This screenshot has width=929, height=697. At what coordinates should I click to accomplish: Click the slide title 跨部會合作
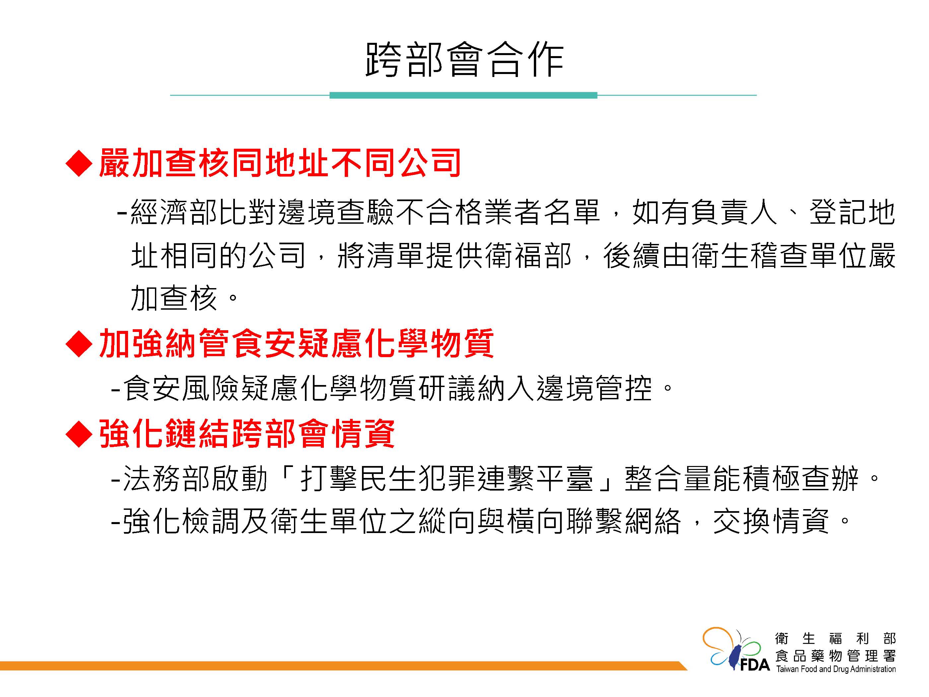point(464,60)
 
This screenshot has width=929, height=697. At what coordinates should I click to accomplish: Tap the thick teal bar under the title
point(463,95)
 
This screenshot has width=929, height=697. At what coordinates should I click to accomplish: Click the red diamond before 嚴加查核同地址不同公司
point(79,163)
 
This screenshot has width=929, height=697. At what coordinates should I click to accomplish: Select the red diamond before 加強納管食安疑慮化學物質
point(79,344)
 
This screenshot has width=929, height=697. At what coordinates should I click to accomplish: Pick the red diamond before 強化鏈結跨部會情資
point(79,433)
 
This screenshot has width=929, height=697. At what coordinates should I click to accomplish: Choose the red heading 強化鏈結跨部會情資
point(247,433)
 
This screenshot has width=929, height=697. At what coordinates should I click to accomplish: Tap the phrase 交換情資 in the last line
point(771,521)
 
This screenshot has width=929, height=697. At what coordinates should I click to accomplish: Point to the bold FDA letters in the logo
point(755,665)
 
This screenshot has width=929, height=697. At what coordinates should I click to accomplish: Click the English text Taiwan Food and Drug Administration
point(836,669)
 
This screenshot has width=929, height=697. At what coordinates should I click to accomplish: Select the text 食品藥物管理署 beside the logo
point(836,656)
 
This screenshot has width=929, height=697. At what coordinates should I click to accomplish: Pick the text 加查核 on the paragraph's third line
point(174,299)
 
